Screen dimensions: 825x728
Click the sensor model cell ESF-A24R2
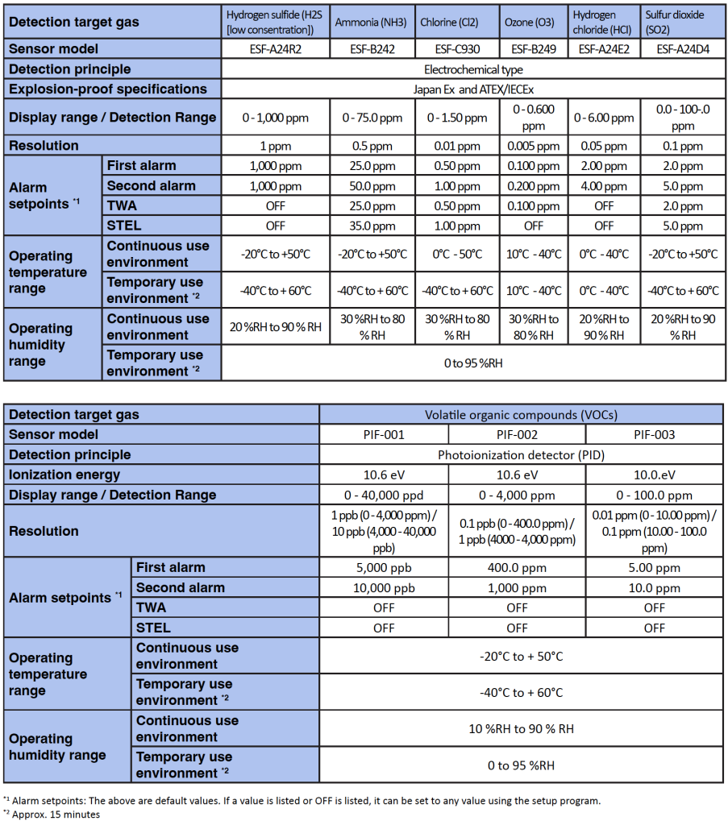tap(275, 48)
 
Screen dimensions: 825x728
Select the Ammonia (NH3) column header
tap(372, 23)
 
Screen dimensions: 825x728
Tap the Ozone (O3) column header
tap(530, 23)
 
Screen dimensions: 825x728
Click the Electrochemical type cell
tap(473, 69)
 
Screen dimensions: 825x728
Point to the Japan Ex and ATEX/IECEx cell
tap(473, 89)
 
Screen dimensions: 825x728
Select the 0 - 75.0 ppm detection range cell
tap(372, 118)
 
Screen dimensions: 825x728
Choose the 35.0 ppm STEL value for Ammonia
tap(372, 226)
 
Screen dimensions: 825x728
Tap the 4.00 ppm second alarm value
tap(604, 186)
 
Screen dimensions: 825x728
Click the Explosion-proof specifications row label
tap(108, 89)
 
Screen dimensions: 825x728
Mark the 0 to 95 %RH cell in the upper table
tap(473, 363)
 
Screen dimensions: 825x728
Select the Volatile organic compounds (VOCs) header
tap(522, 415)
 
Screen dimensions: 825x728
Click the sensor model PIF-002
tap(517, 435)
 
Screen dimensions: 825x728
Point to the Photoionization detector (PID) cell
tap(522, 454)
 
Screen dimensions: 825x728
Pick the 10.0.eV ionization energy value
tap(655, 475)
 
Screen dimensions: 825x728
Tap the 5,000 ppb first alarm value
tap(384, 567)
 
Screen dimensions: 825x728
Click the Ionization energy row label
tap(64, 475)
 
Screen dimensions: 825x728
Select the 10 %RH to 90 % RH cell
tap(522, 729)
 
